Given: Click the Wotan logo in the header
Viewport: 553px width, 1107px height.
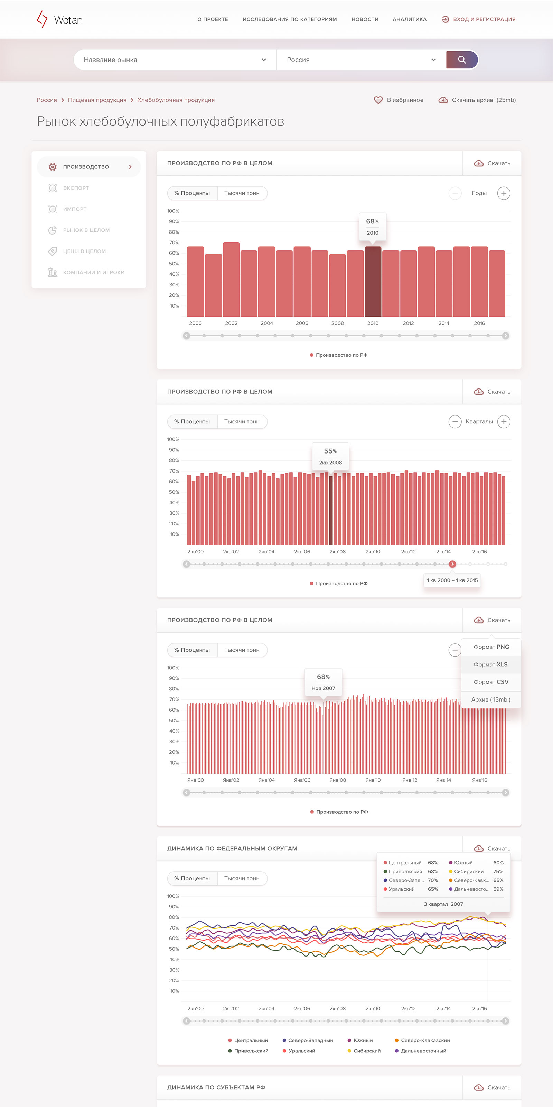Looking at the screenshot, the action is [x=60, y=19].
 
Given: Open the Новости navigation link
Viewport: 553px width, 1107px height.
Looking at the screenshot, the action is [x=365, y=19].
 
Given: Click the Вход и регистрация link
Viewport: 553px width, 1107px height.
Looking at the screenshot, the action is [x=479, y=19].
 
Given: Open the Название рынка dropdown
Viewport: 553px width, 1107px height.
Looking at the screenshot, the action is [x=175, y=60].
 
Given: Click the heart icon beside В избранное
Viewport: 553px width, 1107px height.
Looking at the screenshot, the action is [x=378, y=100].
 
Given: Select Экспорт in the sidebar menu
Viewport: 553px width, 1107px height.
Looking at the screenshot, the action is [x=76, y=188].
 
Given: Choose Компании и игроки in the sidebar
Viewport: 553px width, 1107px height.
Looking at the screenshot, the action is [x=94, y=273].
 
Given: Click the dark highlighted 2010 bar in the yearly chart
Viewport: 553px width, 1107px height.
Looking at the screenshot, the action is [x=373, y=282].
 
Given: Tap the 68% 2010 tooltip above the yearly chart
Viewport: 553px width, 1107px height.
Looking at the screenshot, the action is [x=372, y=227].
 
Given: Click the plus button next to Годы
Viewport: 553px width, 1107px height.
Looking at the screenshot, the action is [x=504, y=193].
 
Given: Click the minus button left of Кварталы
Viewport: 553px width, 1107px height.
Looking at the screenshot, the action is [x=455, y=422].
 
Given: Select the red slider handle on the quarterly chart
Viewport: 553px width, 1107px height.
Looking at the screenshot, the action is [x=452, y=564].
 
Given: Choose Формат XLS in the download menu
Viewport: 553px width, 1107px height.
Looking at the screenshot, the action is [x=491, y=664].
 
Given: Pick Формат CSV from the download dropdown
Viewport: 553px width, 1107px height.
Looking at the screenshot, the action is [x=491, y=682].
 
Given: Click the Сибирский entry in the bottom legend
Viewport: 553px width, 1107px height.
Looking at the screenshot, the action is [x=364, y=1051].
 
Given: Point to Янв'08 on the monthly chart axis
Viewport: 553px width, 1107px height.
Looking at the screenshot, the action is [x=337, y=780].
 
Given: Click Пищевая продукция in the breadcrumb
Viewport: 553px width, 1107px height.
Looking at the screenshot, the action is [x=97, y=100].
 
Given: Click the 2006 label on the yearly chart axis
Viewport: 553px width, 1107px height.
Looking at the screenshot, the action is [x=302, y=323].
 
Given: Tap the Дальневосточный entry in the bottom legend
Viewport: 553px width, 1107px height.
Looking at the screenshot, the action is [x=420, y=1051].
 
